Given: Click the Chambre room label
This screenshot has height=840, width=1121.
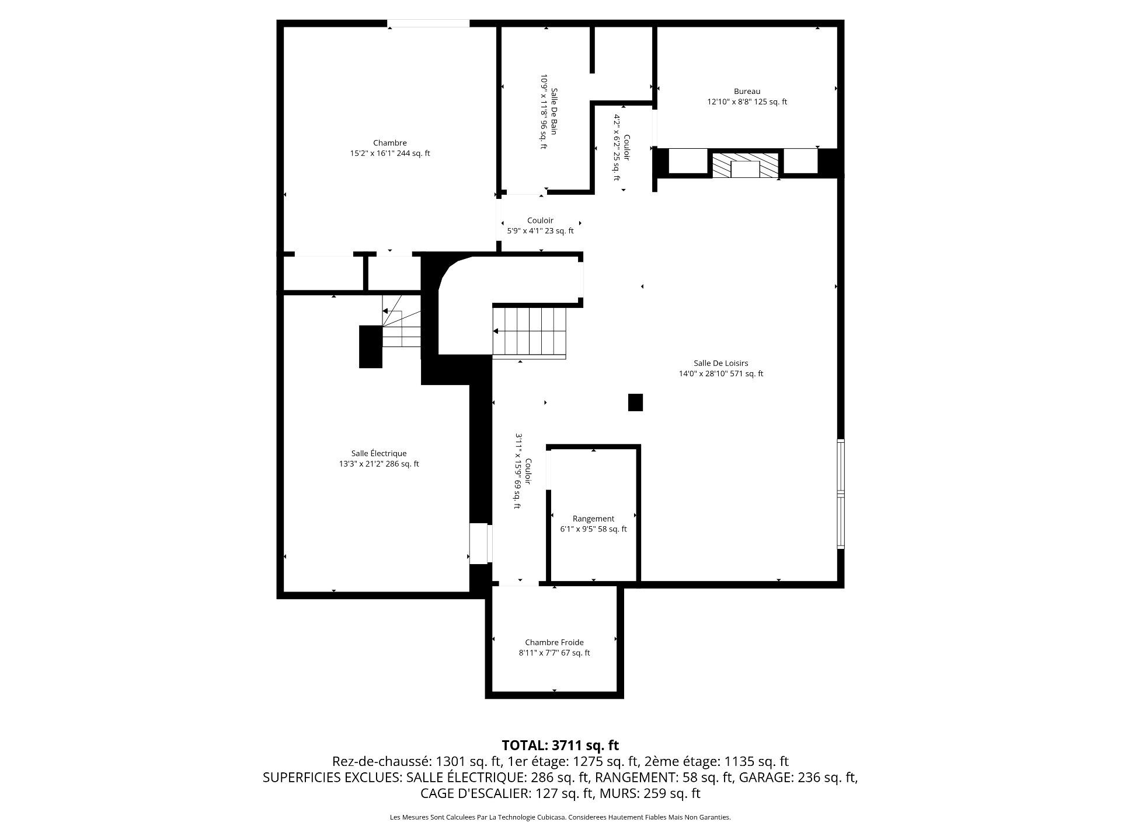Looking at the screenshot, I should (x=389, y=143).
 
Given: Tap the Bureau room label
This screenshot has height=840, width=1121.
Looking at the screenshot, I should (x=747, y=91).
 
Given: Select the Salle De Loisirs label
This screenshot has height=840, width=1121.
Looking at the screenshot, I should (x=720, y=363).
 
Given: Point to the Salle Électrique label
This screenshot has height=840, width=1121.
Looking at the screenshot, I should (x=378, y=453).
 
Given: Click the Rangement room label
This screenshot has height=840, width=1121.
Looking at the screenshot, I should (x=593, y=519).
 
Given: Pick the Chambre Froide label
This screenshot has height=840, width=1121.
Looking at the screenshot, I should (x=554, y=642).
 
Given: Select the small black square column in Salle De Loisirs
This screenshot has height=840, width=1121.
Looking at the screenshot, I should (x=635, y=402).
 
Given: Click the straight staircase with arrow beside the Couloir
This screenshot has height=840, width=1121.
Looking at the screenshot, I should (x=530, y=331).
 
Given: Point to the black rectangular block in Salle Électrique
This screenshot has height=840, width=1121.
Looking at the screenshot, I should (x=370, y=346).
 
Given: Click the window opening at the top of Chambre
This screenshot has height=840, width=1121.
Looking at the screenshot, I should (x=428, y=24).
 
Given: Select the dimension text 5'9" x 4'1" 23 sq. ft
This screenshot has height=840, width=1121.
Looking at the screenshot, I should (x=540, y=231).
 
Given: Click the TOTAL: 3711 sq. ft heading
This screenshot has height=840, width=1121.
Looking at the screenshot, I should (x=560, y=745).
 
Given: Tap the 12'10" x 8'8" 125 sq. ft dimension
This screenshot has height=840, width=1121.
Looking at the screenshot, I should (x=747, y=102).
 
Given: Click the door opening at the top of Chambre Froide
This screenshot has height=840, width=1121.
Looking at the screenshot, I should (x=519, y=583).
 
